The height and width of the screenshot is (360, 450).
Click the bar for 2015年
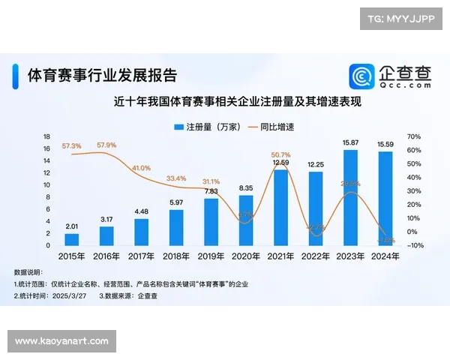point(72,239)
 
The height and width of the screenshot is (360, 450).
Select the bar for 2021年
point(280,208)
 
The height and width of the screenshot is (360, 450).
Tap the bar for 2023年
point(350,197)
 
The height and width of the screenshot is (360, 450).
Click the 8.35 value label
point(245,188)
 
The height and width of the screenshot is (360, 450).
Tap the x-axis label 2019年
point(211,256)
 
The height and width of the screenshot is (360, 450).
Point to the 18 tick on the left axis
point(46,136)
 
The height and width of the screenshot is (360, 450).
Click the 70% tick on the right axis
point(415,136)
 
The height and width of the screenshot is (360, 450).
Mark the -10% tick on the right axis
point(415,245)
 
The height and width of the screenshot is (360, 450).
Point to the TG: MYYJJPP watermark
point(400,19)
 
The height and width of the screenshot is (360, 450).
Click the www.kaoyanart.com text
point(62,341)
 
